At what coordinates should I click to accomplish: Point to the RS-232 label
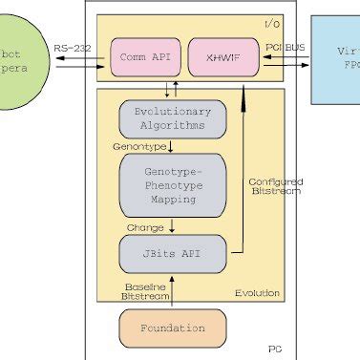pyautogui.click(x=73, y=47)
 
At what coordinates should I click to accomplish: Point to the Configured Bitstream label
pyautogui.click(x=275, y=186)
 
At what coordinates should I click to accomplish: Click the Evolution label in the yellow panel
pyautogui.click(x=260, y=291)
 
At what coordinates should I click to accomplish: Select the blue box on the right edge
pyautogui.click(x=334, y=57)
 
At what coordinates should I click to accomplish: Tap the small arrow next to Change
pyautogui.click(x=171, y=227)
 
